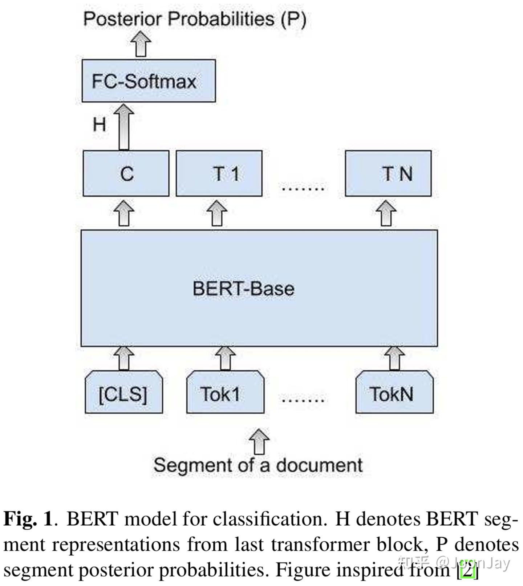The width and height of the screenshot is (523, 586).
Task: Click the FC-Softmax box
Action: coord(149,81)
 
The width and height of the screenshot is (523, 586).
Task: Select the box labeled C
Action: coord(126,173)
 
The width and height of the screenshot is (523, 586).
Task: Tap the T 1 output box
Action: coord(219,173)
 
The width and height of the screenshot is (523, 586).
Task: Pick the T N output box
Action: coord(388,173)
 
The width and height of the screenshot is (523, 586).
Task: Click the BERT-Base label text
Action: coord(243,289)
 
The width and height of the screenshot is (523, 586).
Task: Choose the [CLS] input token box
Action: coord(123,393)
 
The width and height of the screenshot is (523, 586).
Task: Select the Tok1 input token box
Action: coord(225,393)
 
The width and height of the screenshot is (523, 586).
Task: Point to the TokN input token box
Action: coord(394,393)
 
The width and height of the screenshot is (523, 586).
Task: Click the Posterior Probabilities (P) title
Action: coord(195,19)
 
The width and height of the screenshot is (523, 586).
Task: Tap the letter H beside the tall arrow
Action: coord(100,125)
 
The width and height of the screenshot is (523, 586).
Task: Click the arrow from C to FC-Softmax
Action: coord(124,127)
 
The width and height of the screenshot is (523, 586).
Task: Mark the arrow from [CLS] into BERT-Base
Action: coord(124,358)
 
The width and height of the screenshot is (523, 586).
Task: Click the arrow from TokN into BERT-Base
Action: coord(395,358)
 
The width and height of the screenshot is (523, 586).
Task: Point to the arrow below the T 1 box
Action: coord(217,213)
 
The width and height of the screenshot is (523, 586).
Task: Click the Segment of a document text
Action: coord(258,465)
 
